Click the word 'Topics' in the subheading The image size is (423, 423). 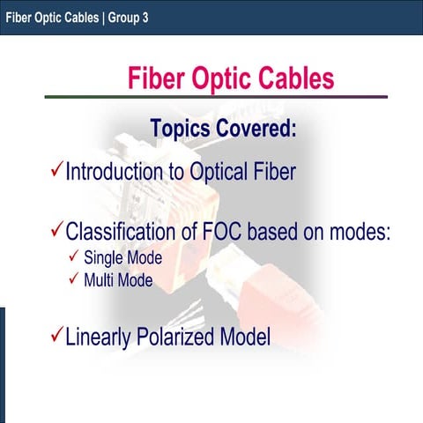click(x=181, y=129)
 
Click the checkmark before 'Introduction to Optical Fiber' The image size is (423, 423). click(x=56, y=168)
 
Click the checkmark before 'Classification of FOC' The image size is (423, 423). click(x=56, y=233)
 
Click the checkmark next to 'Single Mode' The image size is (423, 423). click(x=74, y=258)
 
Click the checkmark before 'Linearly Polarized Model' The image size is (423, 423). click(x=56, y=336)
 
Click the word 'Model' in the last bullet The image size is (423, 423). click(x=246, y=338)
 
